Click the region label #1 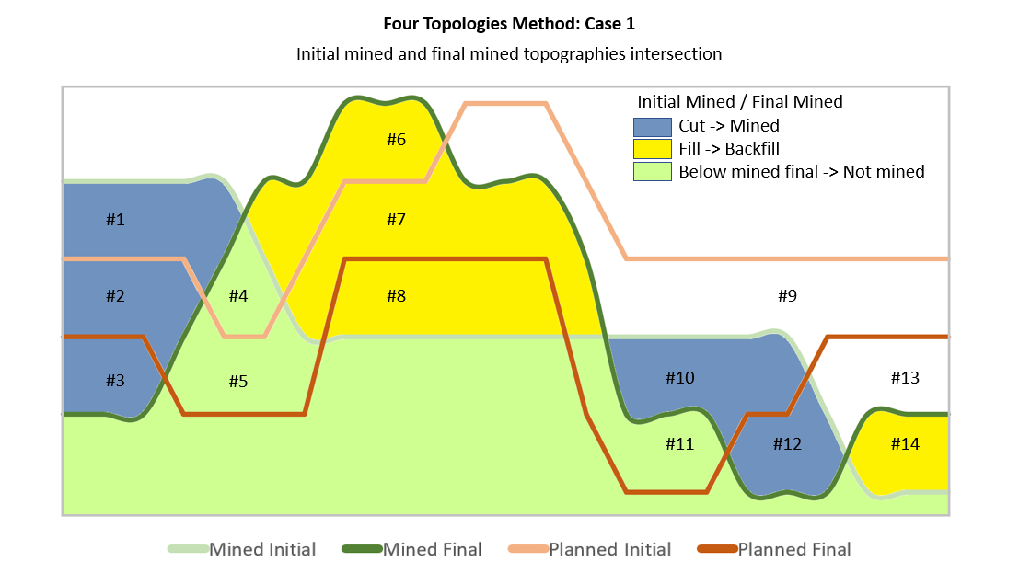click(x=115, y=220)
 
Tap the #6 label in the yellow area click(x=397, y=140)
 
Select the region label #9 click(x=788, y=296)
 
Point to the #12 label click(x=788, y=444)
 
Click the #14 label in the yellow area click(x=905, y=444)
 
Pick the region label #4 click(x=238, y=296)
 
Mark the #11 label click(x=679, y=444)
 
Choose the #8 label click(x=397, y=296)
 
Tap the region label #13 click(x=905, y=378)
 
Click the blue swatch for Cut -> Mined click(x=653, y=127)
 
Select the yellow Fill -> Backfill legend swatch click(x=653, y=149)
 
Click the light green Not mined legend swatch click(x=653, y=171)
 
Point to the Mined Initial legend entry click(x=242, y=550)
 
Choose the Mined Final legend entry click(x=412, y=550)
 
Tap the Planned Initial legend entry click(x=589, y=550)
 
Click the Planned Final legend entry click(x=774, y=550)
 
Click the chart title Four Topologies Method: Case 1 click(x=509, y=24)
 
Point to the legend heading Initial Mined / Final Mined click(x=739, y=102)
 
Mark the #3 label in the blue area click(x=115, y=381)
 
